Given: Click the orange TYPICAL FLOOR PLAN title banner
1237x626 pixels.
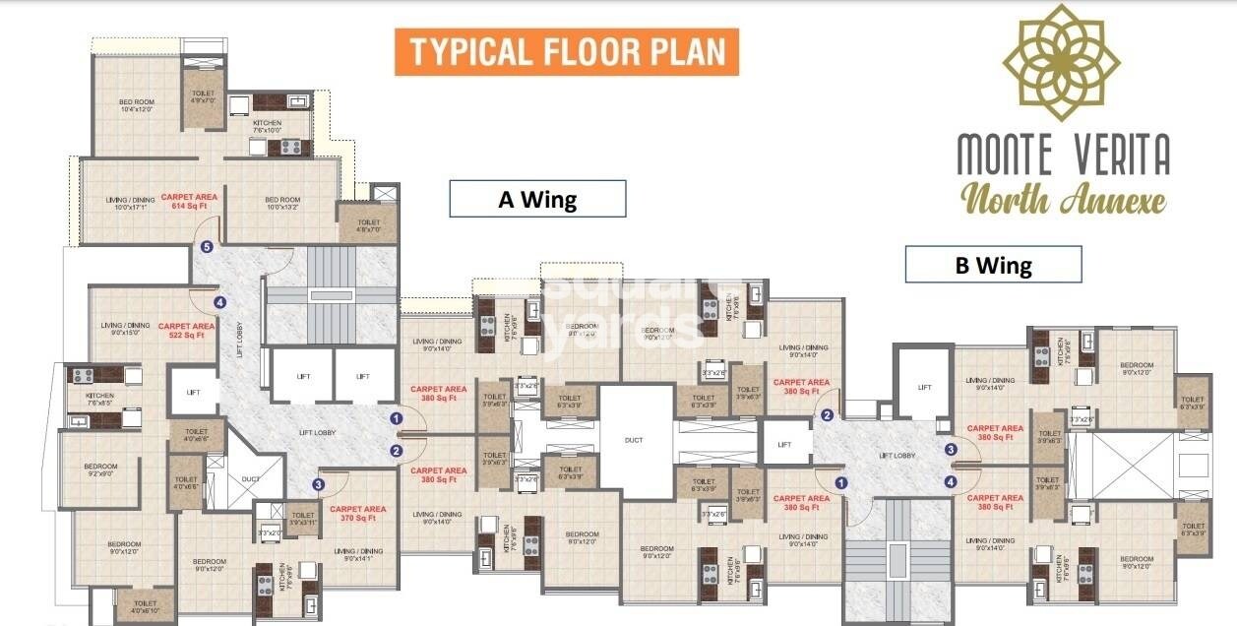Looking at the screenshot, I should click(x=566, y=52).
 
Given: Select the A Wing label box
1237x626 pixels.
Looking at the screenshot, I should click(x=537, y=199).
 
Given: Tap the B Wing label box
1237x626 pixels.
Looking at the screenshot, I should click(x=993, y=265).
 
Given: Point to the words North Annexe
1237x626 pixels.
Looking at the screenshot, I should click(x=1063, y=199).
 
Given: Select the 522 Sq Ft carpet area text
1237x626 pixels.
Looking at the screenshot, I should click(x=186, y=331).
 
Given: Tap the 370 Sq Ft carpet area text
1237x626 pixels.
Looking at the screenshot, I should click(x=357, y=514).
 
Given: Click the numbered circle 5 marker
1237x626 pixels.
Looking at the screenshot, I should click(x=207, y=248).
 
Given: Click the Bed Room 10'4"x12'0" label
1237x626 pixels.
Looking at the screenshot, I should click(x=137, y=105).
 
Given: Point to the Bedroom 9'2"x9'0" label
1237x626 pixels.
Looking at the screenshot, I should click(x=100, y=469).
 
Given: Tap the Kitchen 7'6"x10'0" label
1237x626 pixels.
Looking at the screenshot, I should click(x=267, y=126).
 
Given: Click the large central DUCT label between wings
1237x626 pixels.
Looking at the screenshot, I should click(x=633, y=440).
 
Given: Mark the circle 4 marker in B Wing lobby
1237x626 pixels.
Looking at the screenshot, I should click(x=951, y=481).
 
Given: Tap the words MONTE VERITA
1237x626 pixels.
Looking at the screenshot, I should click(x=1064, y=154).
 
